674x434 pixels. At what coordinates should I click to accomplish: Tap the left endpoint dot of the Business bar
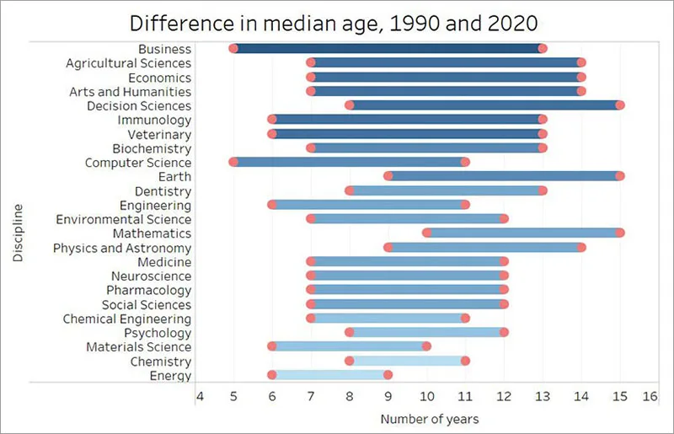click(233, 49)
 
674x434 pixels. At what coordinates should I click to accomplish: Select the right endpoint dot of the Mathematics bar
click(620, 233)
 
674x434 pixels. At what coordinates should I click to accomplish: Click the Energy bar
click(329, 376)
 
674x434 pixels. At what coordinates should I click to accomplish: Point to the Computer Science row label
click(138, 163)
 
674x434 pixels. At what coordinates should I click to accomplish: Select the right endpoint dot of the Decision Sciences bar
click(620, 105)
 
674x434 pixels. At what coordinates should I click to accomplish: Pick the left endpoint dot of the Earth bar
click(388, 176)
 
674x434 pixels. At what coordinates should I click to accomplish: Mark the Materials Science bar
click(349, 346)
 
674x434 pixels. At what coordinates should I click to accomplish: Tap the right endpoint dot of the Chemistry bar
click(465, 361)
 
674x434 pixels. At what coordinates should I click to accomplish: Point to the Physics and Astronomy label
click(122, 248)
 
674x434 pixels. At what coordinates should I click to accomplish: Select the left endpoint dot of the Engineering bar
click(272, 205)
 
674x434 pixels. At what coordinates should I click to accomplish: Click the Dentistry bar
click(446, 190)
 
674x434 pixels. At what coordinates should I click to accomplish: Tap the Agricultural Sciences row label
click(129, 63)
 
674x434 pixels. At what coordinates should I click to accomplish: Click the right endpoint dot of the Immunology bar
click(543, 120)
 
